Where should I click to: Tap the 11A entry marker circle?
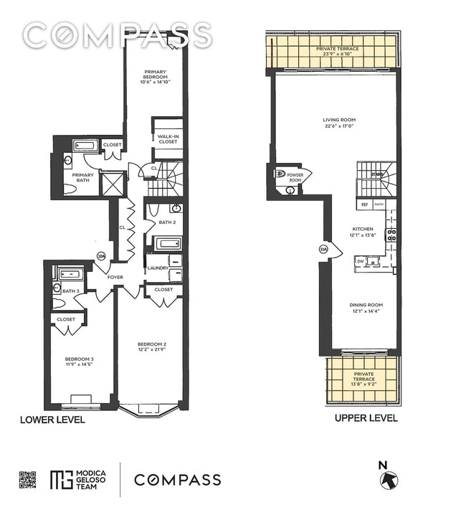coord(323,250)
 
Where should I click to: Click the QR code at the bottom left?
coord(27,480)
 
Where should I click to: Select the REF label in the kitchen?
coord(364,204)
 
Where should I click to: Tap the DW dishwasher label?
coord(360,261)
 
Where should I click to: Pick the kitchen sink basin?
coord(373,261)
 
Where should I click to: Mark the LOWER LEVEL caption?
coord(52,420)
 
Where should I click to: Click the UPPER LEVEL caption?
coord(366,418)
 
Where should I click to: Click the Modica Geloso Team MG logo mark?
coord(61,480)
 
